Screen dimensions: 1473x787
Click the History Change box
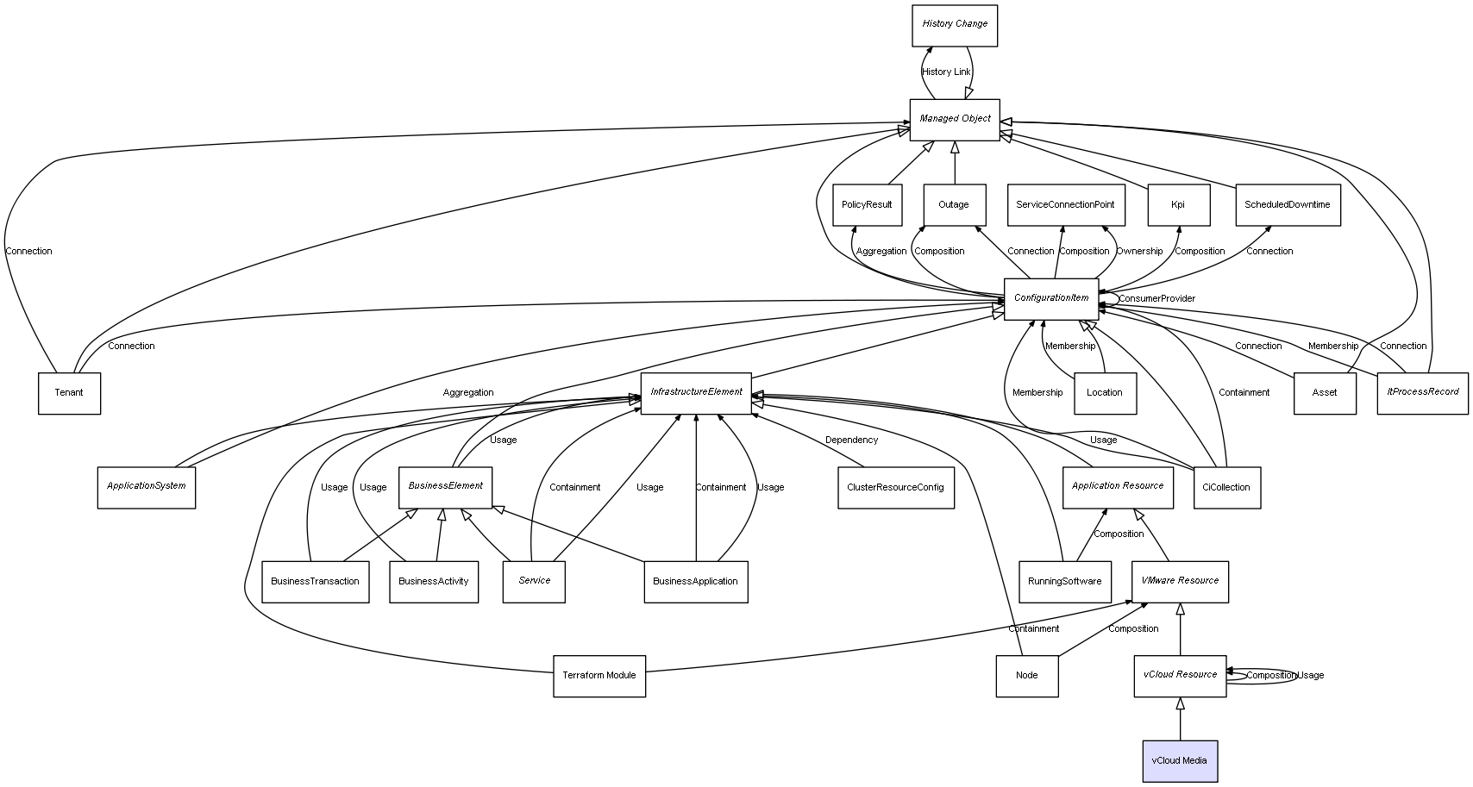pos(954,26)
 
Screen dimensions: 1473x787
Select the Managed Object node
pos(955,120)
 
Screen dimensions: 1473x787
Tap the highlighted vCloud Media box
pos(1180,761)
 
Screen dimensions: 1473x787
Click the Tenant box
pos(69,393)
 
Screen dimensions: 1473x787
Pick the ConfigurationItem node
pos(1050,299)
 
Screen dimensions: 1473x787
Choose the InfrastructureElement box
pos(696,393)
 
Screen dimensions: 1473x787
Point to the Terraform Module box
pos(599,676)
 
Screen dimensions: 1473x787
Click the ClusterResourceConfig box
pos(896,488)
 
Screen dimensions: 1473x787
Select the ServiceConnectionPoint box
pos(1065,205)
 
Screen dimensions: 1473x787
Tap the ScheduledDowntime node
pos(1288,205)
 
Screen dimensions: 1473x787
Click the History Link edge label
pos(946,72)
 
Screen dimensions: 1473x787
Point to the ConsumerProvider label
pos(1156,298)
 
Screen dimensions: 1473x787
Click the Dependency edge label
pos(851,440)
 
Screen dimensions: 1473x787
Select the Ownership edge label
pos(1139,251)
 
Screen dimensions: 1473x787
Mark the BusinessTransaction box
pos(315,582)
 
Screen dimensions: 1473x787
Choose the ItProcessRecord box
pos(1422,393)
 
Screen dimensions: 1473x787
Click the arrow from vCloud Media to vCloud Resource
pos(1181,719)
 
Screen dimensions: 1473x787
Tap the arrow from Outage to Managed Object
pos(955,163)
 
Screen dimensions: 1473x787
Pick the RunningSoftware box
pos(1064,582)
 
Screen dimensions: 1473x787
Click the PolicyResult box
pos(867,205)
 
